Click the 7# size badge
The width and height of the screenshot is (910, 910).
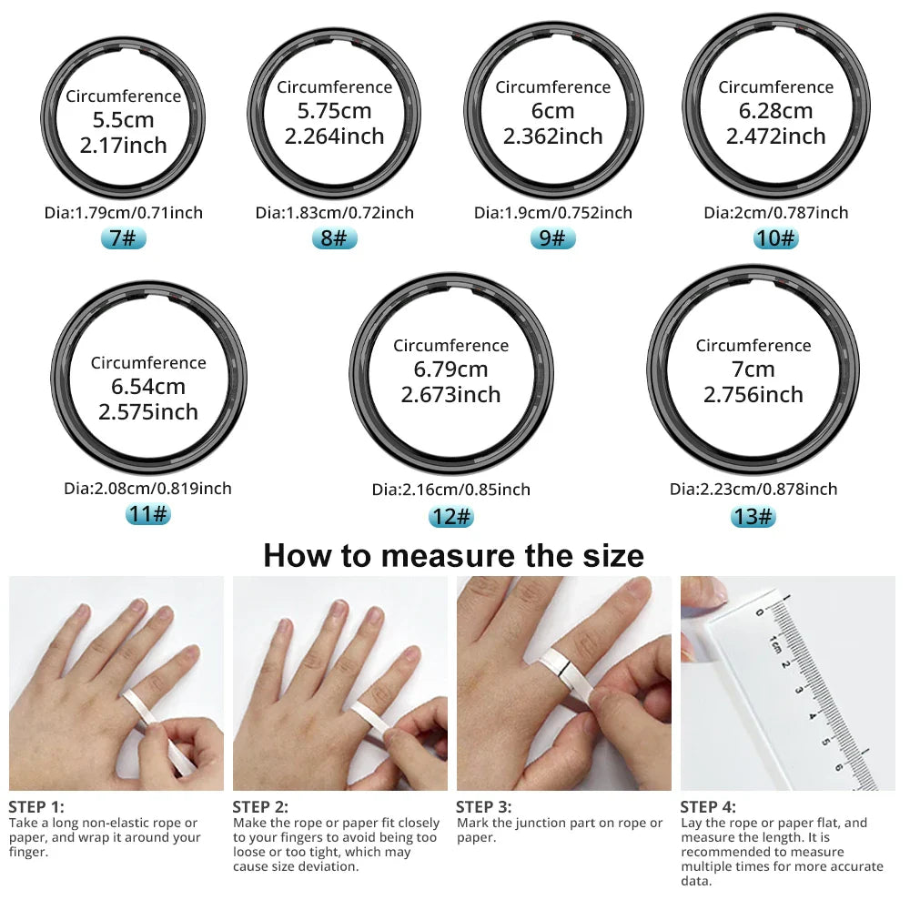(123, 239)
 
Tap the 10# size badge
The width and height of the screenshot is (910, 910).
(775, 239)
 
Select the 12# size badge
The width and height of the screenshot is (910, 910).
(451, 517)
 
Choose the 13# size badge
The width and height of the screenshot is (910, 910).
(753, 517)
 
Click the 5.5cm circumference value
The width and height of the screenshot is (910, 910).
(123, 120)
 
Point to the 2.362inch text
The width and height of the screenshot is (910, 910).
(552, 136)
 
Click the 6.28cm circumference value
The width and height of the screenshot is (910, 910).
(775, 111)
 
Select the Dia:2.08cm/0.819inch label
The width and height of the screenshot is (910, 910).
(147, 489)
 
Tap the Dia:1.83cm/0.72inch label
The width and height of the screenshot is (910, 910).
(334, 213)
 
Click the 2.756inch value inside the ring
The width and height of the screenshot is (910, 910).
(753, 395)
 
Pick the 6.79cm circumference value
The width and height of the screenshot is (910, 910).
(451, 369)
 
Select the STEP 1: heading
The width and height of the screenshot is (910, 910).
(36, 807)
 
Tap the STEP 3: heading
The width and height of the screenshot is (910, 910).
(483, 807)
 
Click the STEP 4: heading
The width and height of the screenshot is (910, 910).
(708, 807)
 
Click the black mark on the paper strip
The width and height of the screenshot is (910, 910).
(566, 673)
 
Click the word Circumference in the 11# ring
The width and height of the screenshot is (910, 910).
(147, 363)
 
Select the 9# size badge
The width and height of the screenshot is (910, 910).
(552, 239)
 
